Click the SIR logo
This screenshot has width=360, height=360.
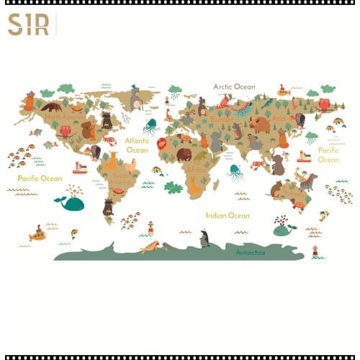pyautogui.click(x=29, y=24)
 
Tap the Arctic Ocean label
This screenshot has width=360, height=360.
pyautogui.click(x=234, y=86)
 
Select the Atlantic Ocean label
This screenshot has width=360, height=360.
pyautogui.click(x=137, y=145)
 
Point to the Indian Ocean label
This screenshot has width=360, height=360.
pyautogui.click(x=228, y=215)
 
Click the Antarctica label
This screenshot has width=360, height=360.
pyautogui.click(x=251, y=252)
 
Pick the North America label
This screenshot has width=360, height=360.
pyautogui.click(x=63, y=115)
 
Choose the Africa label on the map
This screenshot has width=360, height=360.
pyautogui.click(x=197, y=170)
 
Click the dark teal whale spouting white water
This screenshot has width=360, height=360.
pyautogui.click(x=72, y=202)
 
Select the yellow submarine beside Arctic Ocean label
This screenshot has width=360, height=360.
pyautogui.click(x=284, y=91)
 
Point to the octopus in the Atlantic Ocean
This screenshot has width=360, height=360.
pyautogui.click(x=150, y=127)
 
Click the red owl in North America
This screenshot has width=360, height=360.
pyautogui.click(x=66, y=131)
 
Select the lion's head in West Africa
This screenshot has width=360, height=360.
pyautogui.click(x=162, y=144)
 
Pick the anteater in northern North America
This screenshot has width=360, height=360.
pyautogui.click(x=51, y=107)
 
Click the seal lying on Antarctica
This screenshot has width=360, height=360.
pyautogui.click(x=150, y=247)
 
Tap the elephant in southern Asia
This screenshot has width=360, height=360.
pyautogui.click(x=277, y=165)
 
